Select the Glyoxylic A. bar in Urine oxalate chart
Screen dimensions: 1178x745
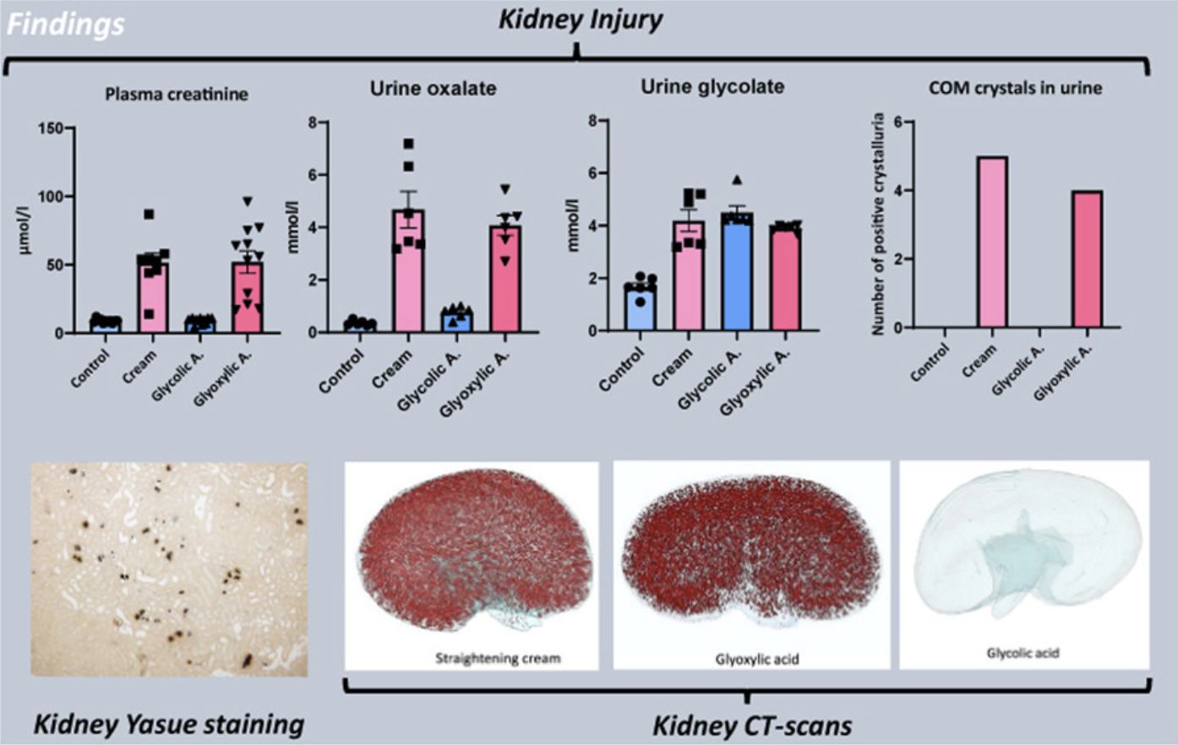pyautogui.click(x=505, y=279)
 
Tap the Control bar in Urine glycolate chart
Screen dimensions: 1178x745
pyautogui.click(x=641, y=307)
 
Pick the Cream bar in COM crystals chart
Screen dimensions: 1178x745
pyautogui.click(x=992, y=242)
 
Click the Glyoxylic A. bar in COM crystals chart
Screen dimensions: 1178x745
pyautogui.click(x=1087, y=259)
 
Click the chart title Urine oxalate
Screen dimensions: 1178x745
pyautogui.click(x=434, y=89)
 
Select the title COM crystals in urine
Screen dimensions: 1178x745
pyautogui.click(x=1016, y=89)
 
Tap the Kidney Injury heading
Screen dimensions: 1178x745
pyautogui.click(x=580, y=21)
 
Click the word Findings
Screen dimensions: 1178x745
pyautogui.click(x=66, y=24)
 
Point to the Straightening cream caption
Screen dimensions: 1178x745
pyautogui.click(x=498, y=658)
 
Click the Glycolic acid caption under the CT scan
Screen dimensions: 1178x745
pyautogui.click(x=1023, y=654)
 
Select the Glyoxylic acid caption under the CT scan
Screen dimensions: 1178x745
pyautogui.click(x=757, y=660)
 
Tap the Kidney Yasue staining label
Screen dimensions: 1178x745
pyautogui.click(x=169, y=724)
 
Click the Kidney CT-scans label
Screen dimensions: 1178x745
pyautogui.click(x=752, y=726)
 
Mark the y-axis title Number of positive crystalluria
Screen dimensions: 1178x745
pyautogui.click(x=878, y=224)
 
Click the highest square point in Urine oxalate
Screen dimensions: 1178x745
pyautogui.click(x=409, y=144)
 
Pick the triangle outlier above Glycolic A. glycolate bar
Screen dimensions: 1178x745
pyautogui.click(x=737, y=180)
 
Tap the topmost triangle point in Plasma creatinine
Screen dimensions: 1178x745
pyautogui.click(x=248, y=201)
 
